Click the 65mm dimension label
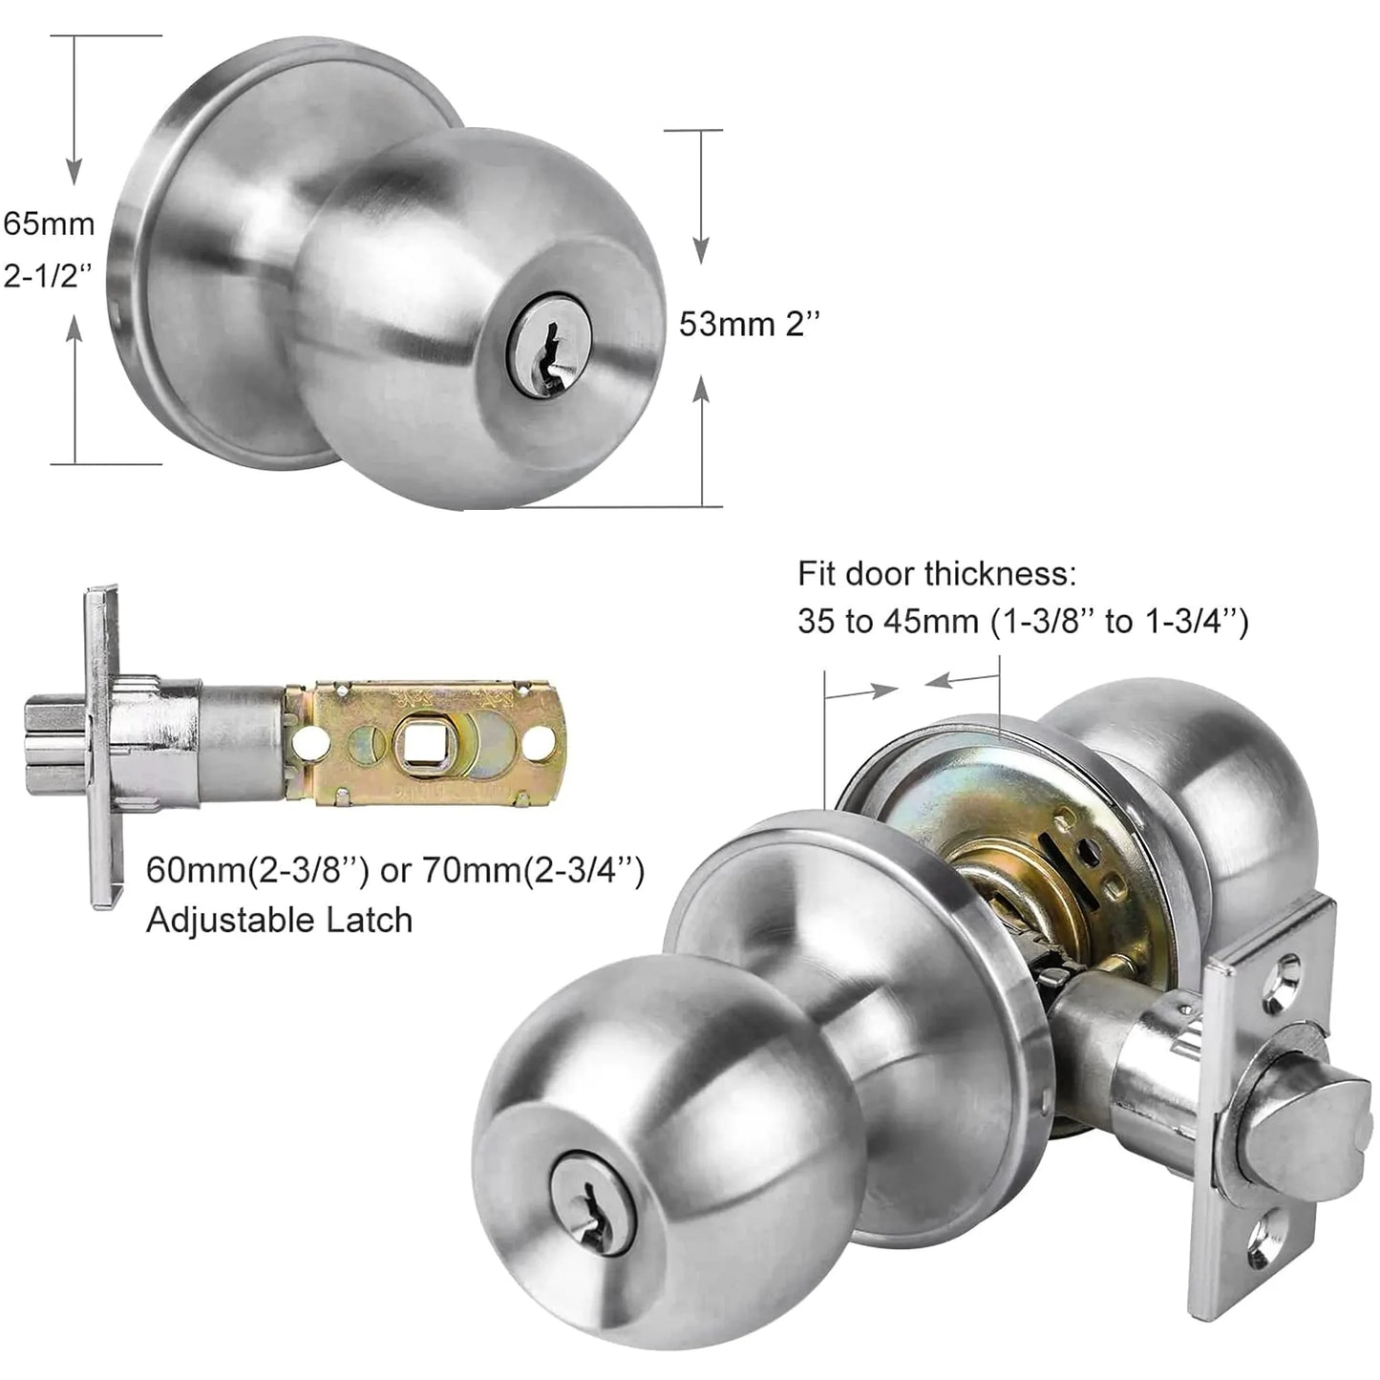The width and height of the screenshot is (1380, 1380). [49, 223]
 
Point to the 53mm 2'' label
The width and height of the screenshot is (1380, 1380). [750, 325]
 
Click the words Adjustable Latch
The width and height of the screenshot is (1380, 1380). [279, 920]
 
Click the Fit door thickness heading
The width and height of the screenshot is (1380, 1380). [937, 574]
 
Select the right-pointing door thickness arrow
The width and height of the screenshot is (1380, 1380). [873, 690]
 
